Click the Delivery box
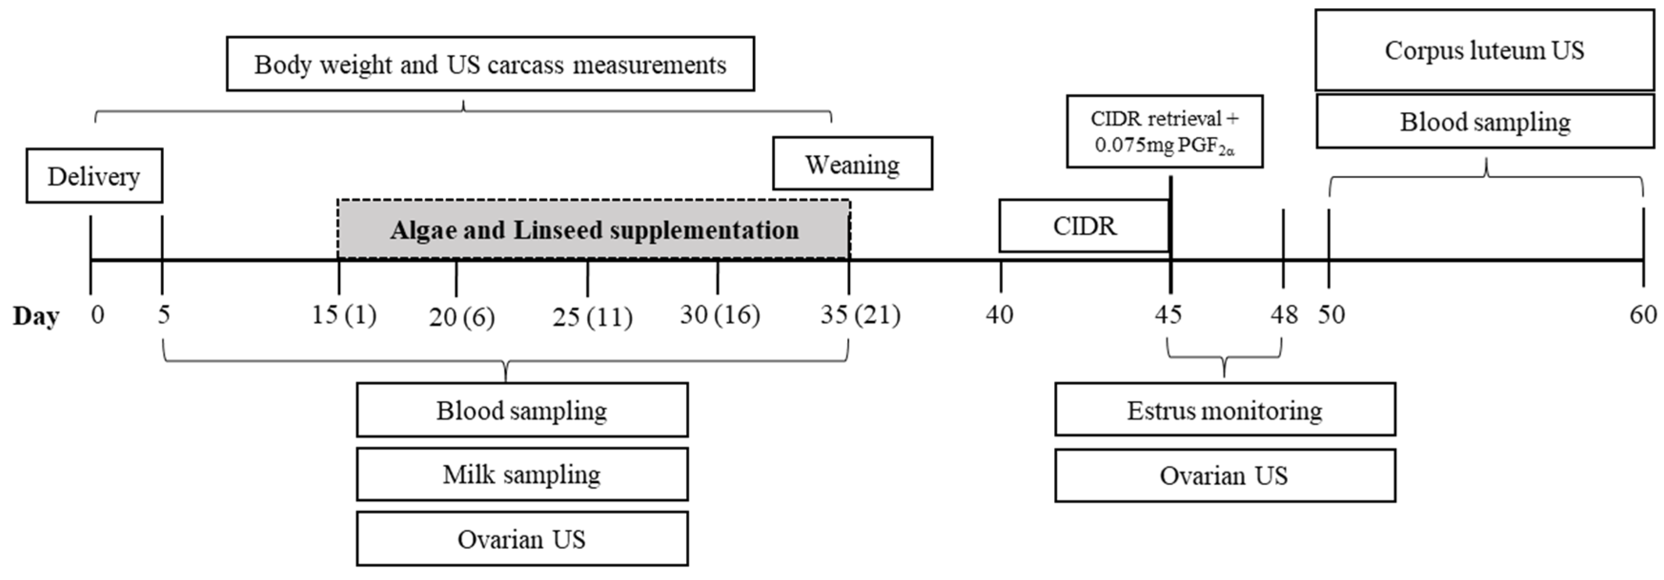point(94,176)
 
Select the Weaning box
point(852,163)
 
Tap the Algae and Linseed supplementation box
point(594,229)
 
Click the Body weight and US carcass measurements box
point(490,64)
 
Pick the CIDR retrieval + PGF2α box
point(1164,132)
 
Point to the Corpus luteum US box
point(1484,51)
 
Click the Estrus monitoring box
point(1225,409)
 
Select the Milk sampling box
point(522,474)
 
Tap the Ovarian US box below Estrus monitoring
point(1225,475)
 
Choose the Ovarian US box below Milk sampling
point(522,539)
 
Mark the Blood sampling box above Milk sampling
point(522,409)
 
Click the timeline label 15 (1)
point(344,315)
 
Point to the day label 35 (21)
point(860,315)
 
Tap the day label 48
point(1284,315)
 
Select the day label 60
point(1643,315)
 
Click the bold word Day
point(36,316)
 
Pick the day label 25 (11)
point(592,316)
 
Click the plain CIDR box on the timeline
point(1084,226)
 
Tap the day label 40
point(999,315)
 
